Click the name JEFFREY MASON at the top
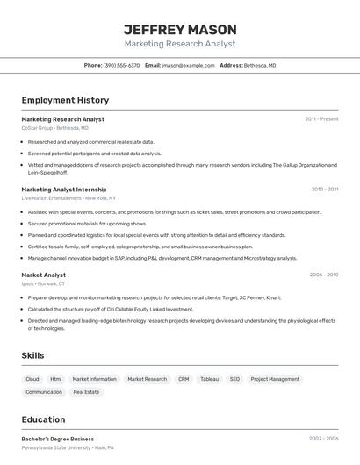180,29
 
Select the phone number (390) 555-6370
121,65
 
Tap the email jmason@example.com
188,65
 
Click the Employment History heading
65,100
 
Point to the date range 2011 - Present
321,119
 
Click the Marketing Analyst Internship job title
64,190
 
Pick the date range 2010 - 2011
325,190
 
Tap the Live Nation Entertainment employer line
68,198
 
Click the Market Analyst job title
44,275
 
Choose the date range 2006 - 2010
324,275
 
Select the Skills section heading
33,355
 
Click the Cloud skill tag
32,379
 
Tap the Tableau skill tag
209,379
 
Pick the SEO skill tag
234,379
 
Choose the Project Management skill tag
275,379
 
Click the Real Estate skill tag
86,392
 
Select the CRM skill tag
184,379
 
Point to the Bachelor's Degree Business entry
58,439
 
